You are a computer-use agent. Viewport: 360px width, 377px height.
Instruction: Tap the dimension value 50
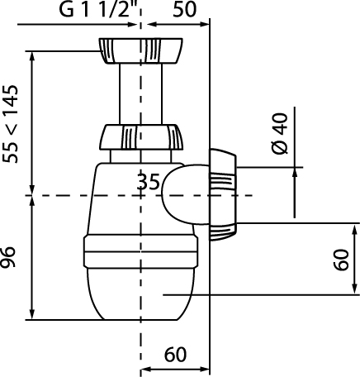coord(185,9)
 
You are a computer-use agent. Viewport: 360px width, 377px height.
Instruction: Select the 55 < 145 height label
coord(10,124)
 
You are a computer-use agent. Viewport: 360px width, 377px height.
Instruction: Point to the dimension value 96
coord(8,257)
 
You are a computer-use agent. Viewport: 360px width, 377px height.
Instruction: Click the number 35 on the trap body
coord(149,182)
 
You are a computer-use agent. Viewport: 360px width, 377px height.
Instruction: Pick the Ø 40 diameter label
coord(280,133)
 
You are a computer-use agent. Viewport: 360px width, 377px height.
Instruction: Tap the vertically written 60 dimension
coord(341,260)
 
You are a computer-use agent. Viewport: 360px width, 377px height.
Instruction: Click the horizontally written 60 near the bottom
coord(175,355)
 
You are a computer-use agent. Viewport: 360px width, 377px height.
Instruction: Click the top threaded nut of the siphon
coord(140,51)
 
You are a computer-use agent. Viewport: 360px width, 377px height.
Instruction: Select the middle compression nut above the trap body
coord(141,137)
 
